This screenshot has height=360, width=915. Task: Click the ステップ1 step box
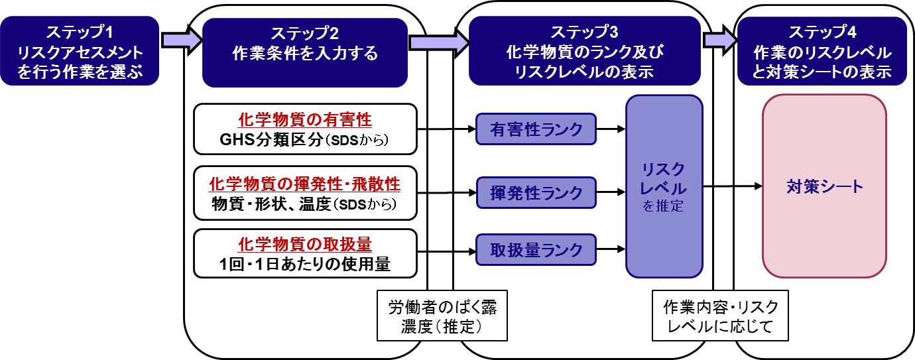pos(80,51)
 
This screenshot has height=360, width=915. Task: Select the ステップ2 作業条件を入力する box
pos(305,52)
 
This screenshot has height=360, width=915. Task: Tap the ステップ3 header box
pos(585,52)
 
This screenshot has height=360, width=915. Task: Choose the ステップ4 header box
pos(822,52)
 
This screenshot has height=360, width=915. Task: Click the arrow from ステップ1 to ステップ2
pos(181,40)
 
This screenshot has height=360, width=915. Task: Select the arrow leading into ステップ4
pos(719,40)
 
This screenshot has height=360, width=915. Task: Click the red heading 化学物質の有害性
pos(305,120)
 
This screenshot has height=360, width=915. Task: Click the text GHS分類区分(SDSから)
pos(305,141)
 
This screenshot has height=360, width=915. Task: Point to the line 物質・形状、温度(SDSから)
pos(305,204)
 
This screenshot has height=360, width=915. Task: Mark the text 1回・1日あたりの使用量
pos(305,265)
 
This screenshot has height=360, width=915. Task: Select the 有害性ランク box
pos(536,129)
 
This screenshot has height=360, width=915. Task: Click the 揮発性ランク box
pos(536,192)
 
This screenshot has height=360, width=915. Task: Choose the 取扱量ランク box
pos(536,249)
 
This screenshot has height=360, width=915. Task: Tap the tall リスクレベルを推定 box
pos(664,186)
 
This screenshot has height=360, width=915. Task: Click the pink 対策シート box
pos(824,186)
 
